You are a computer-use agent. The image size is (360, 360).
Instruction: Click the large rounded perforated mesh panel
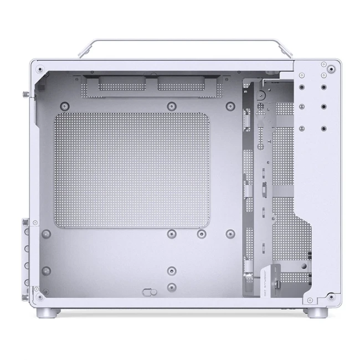pyautogui.click(x=131, y=170)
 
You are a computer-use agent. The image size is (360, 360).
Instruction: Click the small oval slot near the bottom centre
pyautogui.click(x=150, y=291)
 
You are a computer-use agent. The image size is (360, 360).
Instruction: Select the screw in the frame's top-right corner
pyautogui.click(x=331, y=69)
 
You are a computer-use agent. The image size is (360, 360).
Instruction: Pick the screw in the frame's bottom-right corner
pyautogui.click(x=331, y=297)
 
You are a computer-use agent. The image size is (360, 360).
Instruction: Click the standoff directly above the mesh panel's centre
pyautogui.click(x=172, y=105)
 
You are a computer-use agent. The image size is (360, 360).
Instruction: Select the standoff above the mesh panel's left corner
pyautogui.click(x=65, y=105)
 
